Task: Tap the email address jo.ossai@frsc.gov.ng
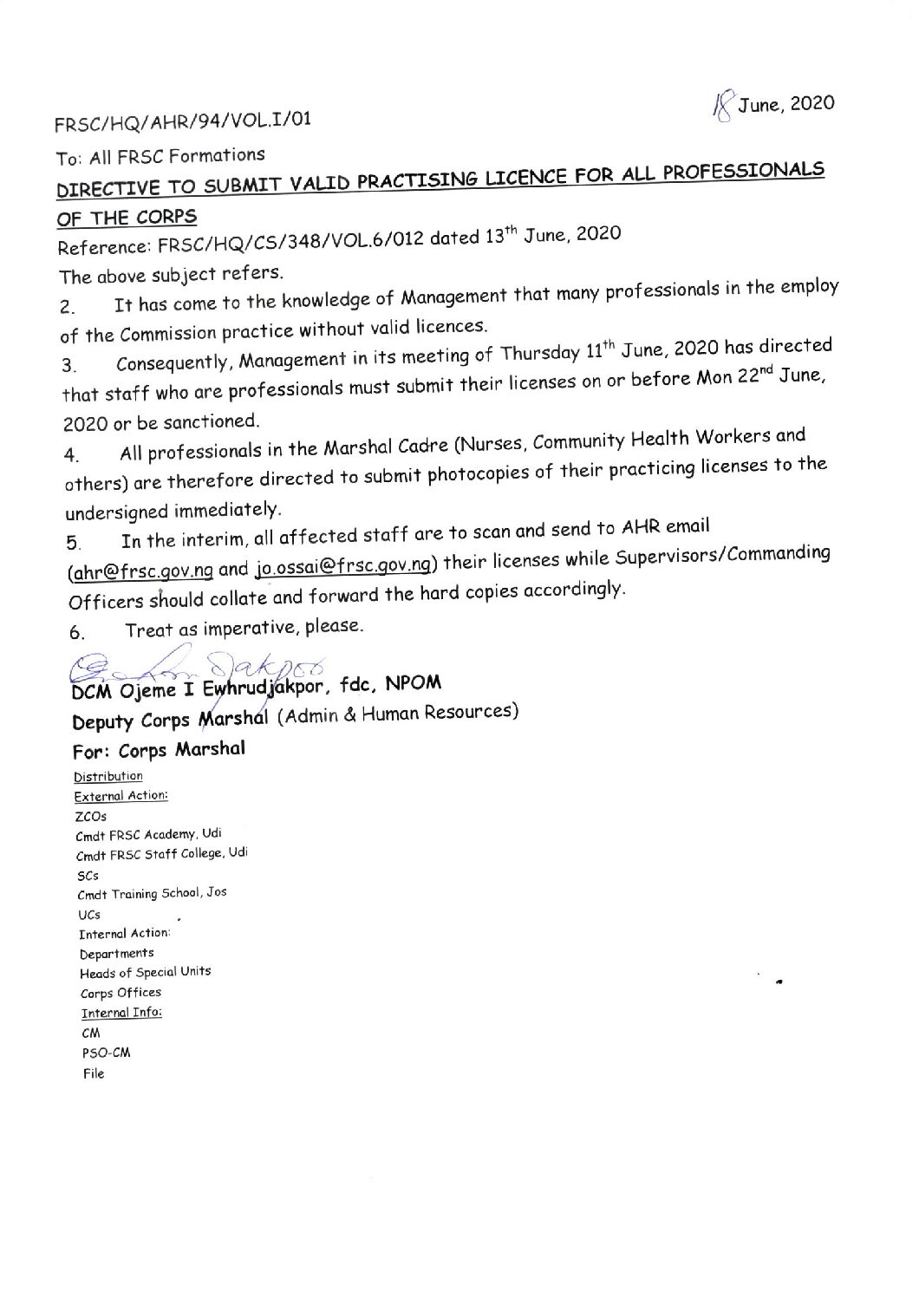point(345,566)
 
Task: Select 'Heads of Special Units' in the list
point(145,972)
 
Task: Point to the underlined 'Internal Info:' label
point(121,1013)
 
